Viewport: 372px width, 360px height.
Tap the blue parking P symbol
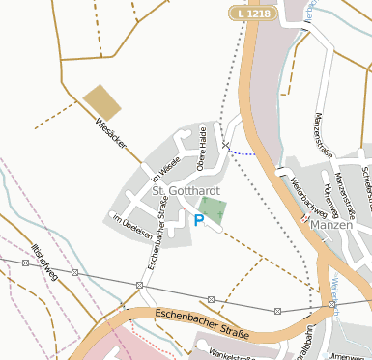(199, 221)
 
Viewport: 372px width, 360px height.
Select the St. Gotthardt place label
(186, 192)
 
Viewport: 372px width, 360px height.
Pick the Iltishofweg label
(45, 262)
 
